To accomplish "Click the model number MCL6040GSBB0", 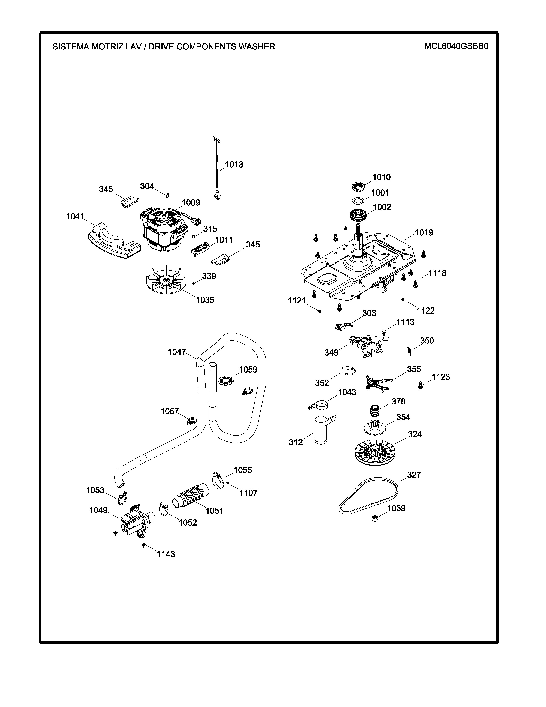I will point(456,46).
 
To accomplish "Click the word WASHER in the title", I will point(257,47).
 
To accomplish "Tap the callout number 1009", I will point(191,203).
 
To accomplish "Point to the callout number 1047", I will point(177,352).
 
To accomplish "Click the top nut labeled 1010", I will point(358,186).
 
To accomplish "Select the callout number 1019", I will point(424,232).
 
